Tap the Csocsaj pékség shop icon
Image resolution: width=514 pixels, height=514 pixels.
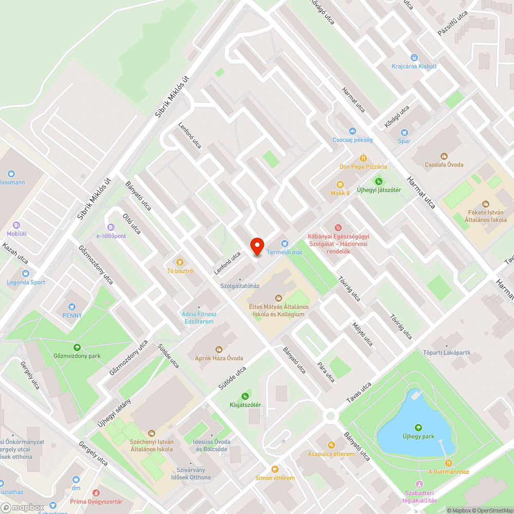click(352, 131)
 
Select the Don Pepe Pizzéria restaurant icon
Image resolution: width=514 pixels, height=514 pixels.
click(363, 158)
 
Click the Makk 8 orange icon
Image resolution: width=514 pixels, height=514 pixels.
click(340, 185)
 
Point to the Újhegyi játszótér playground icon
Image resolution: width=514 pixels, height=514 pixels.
click(379, 181)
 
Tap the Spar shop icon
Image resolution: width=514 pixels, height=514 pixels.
click(404, 132)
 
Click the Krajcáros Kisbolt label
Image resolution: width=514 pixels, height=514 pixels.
click(414, 66)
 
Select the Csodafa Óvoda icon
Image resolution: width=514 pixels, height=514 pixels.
click(444, 156)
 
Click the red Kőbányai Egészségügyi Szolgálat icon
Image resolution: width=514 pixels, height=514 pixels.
click(338, 227)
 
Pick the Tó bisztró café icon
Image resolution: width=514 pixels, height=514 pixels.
click(179, 262)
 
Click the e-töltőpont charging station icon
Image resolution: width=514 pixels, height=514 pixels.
click(111, 227)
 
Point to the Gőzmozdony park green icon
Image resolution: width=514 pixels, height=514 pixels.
click(77, 347)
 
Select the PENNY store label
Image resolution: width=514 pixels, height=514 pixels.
click(72, 315)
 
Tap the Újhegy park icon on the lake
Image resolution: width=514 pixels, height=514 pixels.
click(418, 427)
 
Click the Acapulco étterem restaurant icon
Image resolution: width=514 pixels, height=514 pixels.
click(332, 445)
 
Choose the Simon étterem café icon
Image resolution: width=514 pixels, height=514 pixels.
click(275, 469)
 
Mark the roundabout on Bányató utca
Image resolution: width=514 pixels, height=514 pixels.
click(330, 415)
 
